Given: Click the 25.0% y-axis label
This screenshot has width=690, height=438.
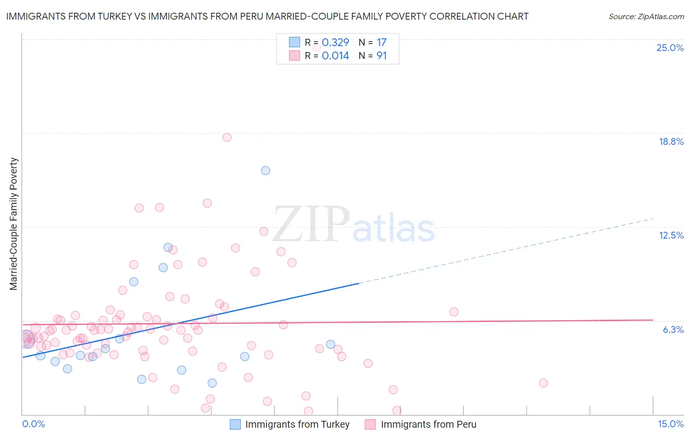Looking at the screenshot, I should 670,48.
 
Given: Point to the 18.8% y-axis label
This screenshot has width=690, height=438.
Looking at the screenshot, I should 671,141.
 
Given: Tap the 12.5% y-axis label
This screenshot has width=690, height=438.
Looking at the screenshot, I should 671,235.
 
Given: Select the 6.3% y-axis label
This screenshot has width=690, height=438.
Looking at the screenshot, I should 673,329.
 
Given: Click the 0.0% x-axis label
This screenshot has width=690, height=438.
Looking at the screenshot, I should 33,424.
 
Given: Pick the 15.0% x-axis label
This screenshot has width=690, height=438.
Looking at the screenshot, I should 670,424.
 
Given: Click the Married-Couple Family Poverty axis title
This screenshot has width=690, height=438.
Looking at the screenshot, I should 14,224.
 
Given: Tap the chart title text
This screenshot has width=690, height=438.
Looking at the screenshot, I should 267,16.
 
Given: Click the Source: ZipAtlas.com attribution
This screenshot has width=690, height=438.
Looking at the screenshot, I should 646,16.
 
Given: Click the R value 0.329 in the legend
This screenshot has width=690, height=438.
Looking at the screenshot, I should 335,42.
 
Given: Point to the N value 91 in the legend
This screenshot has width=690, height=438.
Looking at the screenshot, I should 381,56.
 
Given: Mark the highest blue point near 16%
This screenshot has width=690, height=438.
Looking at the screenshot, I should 265,170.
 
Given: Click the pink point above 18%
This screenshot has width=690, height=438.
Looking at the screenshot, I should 227,137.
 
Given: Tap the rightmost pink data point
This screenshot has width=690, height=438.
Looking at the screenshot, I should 543,383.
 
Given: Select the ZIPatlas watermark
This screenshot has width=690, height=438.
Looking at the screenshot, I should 353,225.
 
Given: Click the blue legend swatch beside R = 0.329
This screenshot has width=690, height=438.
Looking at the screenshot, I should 294,42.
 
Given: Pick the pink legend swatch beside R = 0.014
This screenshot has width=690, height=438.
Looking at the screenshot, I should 294,56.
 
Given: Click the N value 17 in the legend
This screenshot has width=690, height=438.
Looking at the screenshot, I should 381,42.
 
